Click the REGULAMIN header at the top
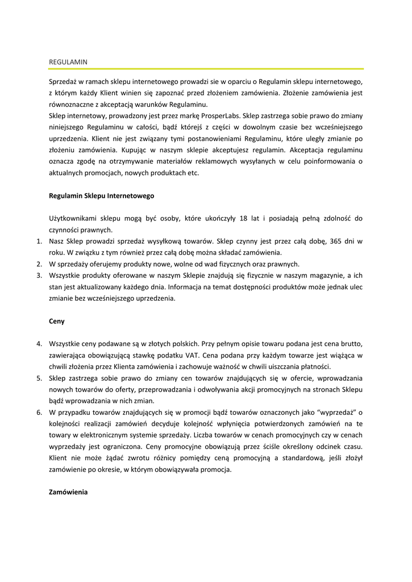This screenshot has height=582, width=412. pyautogui.click(x=68, y=60)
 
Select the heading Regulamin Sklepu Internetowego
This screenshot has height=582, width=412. pyautogui.click(x=102, y=196)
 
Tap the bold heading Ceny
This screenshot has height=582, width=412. pyautogui.click(x=57, y=321)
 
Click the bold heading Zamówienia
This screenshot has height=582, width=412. pyautogui.click(x=69, y=492)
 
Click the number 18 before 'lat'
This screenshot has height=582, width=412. pyautogui.click(x=244, y=218)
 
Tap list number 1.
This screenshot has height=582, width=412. pyautogui.click(x=39, y=241)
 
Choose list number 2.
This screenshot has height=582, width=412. pyautogui.click(x=39, y=264)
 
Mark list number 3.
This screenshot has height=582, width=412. pyautogui.click(x=39, y=275)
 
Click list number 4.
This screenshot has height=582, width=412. pyautogui.click(x=39, y=344)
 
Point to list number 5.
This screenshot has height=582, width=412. pyautogui.click(x=39, y=378)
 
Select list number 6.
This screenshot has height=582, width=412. pyautogui.click(x=39, y=412)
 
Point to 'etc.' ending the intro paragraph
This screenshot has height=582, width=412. pyautogui.click(x=192, y=173)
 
